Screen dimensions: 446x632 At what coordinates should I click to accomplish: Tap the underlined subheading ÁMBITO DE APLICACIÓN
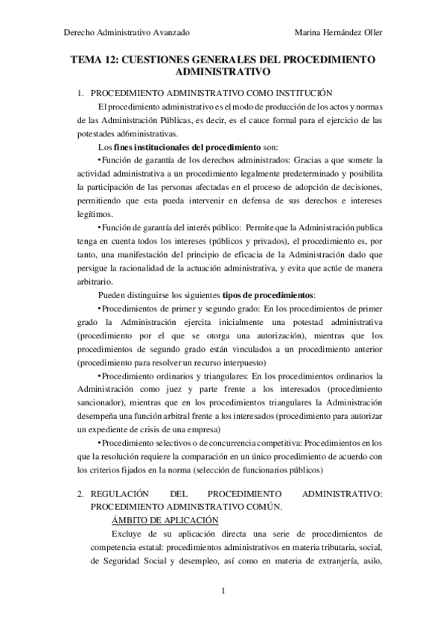pyautogui.click(x=165, y=519)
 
